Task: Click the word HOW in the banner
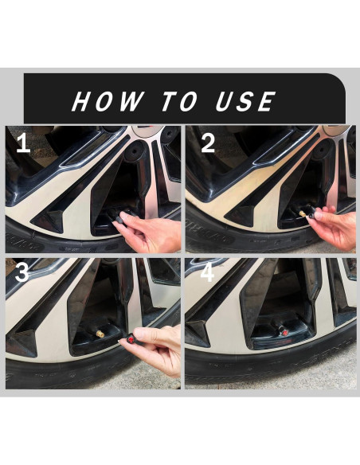click(x=108, y=101)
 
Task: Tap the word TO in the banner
click(x=179, y=101)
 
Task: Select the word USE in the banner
click(x=245, y=101)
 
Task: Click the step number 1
click(x=23, y=143)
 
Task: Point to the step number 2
click(x=208, y=143)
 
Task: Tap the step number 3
click(x=22, y=272)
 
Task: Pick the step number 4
click(x=207, y=272)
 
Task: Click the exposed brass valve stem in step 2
click(x=303, y=213)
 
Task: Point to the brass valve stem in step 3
click(x=100, y=334)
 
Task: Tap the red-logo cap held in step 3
click(x=131, y=338)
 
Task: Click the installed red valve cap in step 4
click(x=284, y=330)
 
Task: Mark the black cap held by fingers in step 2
click(x=312, y=213)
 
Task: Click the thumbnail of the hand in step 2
click(x=319, y=215)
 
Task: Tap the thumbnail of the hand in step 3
click(x=139, y=334)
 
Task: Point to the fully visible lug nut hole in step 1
click(x=133, y=151)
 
